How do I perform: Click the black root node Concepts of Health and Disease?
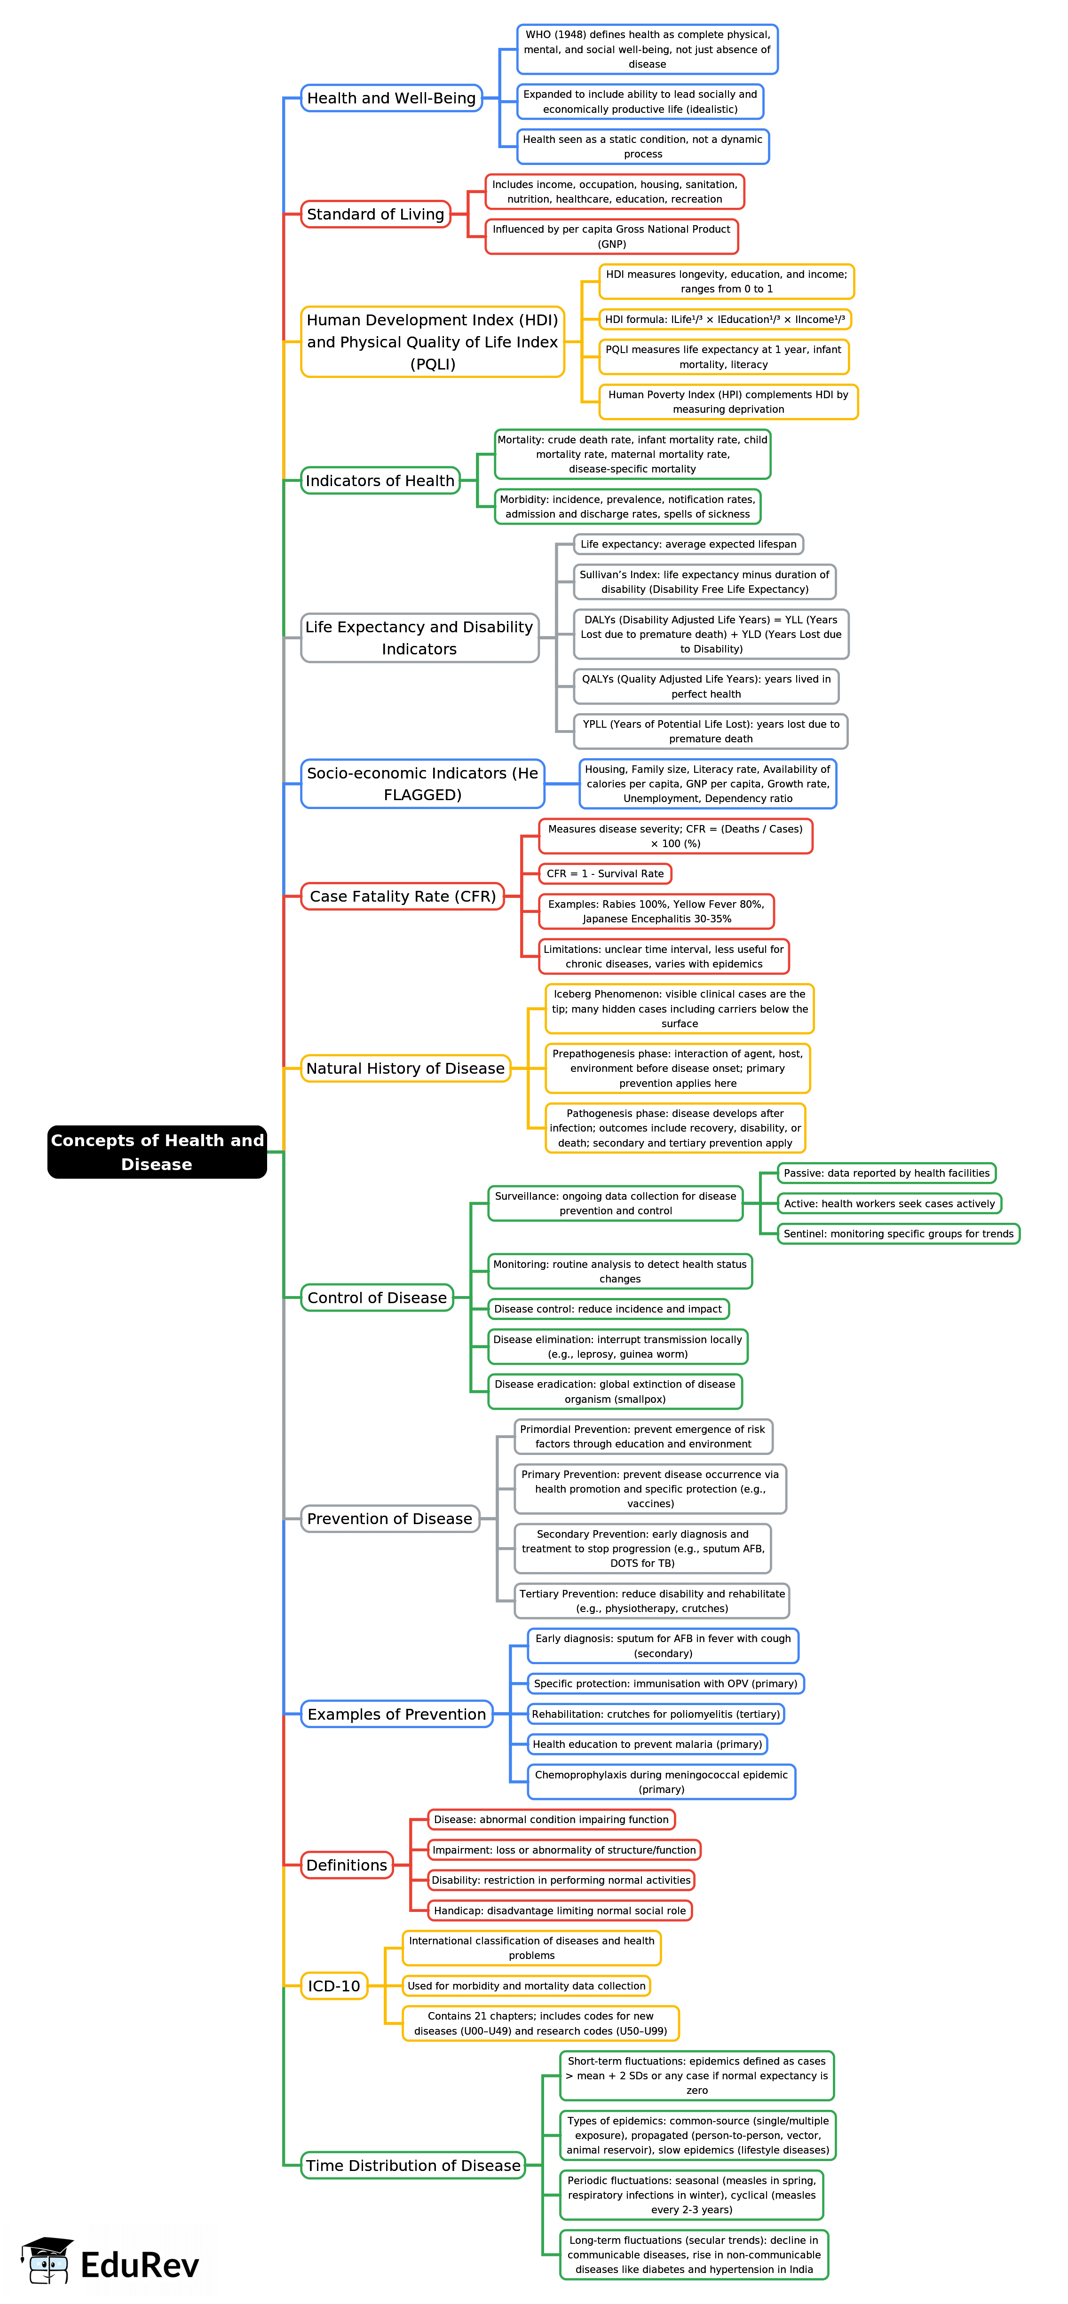(157, 1152)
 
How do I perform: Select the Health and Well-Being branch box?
(391, 98)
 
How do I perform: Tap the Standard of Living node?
(375, 215)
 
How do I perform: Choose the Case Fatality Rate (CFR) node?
(403, 896)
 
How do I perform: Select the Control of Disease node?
(377, 1298)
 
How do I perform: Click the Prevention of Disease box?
(389, 1519)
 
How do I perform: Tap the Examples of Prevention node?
(396, 1714)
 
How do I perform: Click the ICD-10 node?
(333, 1987)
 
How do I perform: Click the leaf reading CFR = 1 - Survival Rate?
(605, 874)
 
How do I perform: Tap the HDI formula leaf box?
(725, 319)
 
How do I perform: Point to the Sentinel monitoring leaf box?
(898, 1235)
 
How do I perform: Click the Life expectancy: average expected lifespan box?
(688, 545)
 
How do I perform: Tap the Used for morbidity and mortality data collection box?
(526, 1987)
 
